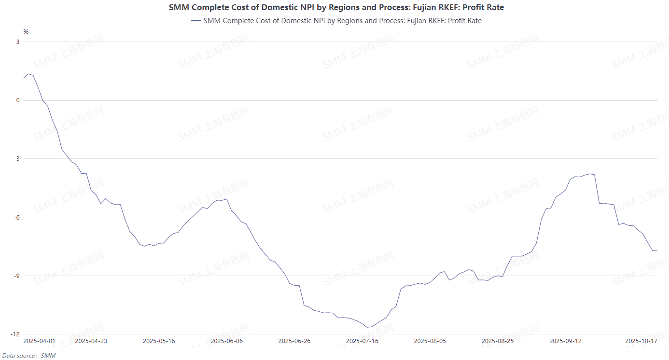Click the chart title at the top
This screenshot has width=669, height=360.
(x=336, y=7)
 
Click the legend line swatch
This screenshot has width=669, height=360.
(x=195, y=21)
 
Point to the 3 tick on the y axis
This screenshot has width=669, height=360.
(x=17, y=42)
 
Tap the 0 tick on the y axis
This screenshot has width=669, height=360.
(x=17, y=100)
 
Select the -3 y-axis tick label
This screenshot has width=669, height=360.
(x=16, y=159)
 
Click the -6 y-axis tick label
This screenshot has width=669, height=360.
(x=16, y=217)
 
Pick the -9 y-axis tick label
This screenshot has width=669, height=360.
(x=16, y=276)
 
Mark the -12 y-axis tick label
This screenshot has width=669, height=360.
(x=15, y=334)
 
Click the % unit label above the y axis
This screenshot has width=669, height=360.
(x=26, y=32)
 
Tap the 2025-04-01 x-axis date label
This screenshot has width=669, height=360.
(x=40, y=341)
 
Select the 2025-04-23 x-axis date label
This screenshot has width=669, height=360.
(x=91, y=341)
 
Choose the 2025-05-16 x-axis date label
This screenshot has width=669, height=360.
(x=159, y=341)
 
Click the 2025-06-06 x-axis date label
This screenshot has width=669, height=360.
(x=227, y=341)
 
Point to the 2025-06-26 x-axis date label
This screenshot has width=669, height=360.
(x=294, y=341)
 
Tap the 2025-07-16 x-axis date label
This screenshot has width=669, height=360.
(x=362, y=341)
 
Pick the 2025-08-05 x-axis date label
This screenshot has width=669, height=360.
(x=430, y=341)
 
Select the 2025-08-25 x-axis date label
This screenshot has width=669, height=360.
(x=498, y=341)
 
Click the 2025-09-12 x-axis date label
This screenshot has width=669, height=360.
(x=566, y=341)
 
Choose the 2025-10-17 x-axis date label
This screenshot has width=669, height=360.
(x=641, y=341)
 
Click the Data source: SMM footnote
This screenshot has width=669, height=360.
(x=28, y=356)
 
